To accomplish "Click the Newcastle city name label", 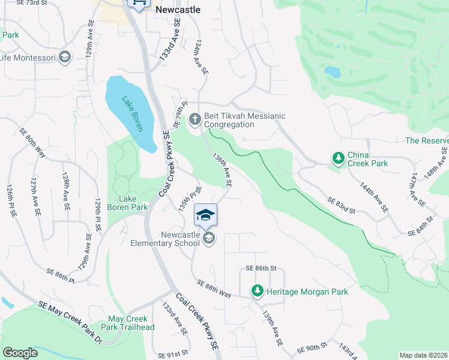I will pos(178,10).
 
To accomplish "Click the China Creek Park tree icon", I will pos(339,158).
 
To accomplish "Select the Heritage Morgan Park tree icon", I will pos(258,291).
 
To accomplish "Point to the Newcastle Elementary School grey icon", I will pos(208,239).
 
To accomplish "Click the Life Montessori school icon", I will pos(65,58).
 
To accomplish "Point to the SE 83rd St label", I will pos(342,205).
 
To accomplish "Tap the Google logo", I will pos(20,353).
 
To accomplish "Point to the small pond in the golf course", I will pos(332,72).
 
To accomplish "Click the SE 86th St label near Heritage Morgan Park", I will pos(261,268).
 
